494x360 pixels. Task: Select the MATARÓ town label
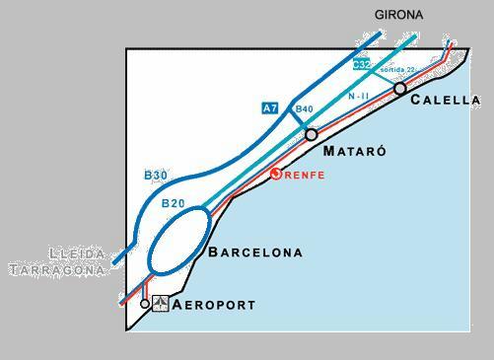354,152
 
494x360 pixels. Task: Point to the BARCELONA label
255,252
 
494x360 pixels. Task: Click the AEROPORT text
213,306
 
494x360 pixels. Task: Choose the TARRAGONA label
57,269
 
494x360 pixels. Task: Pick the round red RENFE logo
277,174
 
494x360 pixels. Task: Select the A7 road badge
270,108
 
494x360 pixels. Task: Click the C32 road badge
362,65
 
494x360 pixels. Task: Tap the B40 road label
304,109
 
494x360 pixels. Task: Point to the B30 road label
156,176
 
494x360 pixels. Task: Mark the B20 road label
173,204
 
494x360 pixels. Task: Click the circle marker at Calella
399,89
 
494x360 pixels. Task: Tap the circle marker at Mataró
312,134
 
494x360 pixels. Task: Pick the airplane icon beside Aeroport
161,304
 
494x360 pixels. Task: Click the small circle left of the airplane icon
145,304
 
